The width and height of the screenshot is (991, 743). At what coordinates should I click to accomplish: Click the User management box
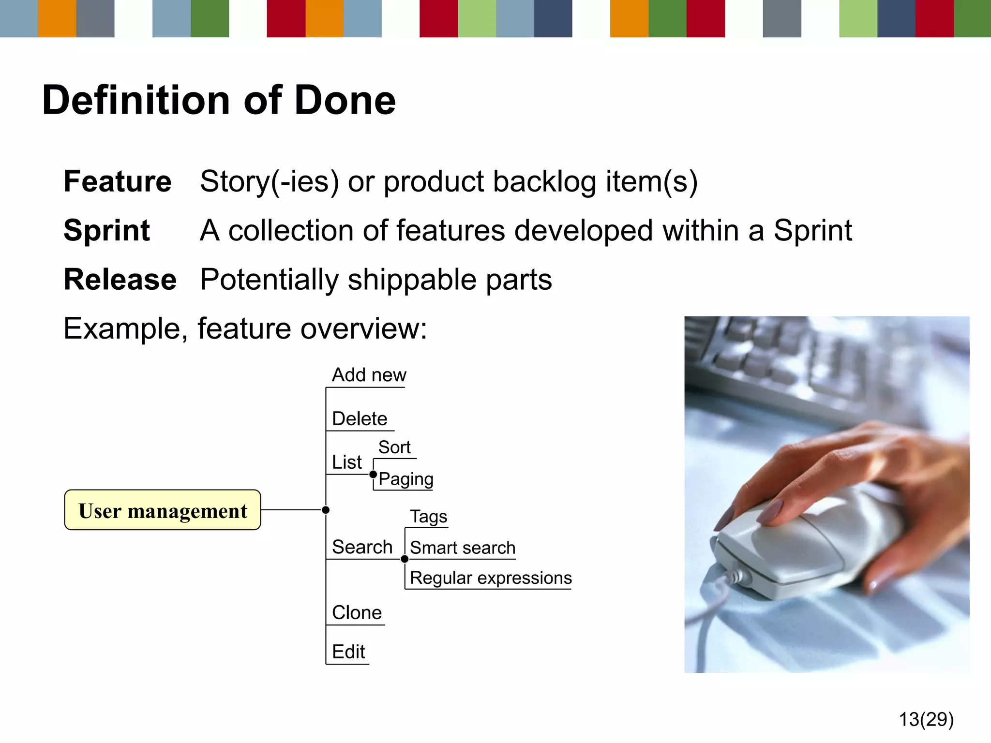[163, 510]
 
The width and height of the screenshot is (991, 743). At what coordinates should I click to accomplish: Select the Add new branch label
[369, 375]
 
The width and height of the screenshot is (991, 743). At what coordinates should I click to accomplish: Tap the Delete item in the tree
[360, 418]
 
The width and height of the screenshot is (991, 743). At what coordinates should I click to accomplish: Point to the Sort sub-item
[394, 447]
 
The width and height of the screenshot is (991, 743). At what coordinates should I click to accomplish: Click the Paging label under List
[405, 479]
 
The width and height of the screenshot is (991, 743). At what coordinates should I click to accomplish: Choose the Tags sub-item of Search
[428, 517]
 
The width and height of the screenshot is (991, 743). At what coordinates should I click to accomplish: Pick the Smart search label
[462, 548]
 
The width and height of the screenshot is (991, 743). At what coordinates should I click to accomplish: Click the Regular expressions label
[490, 578]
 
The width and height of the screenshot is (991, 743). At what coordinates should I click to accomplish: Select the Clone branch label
[357, 613]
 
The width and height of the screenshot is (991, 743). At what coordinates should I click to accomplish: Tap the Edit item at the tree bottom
[348, 652]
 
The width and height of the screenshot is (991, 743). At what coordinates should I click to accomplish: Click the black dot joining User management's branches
[326, 510]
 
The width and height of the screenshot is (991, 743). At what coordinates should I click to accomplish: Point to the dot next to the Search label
[405, 559]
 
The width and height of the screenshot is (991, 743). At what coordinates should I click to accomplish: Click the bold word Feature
[118, 181]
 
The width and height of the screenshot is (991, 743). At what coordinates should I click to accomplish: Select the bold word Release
[120, 280]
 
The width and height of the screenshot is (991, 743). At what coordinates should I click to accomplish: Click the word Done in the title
[345, 100]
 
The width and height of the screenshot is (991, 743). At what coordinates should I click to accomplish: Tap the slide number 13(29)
[926, 719]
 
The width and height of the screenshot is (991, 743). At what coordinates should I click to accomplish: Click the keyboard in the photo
[784, 358]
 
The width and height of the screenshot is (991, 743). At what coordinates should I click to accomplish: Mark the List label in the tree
[346, 462]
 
